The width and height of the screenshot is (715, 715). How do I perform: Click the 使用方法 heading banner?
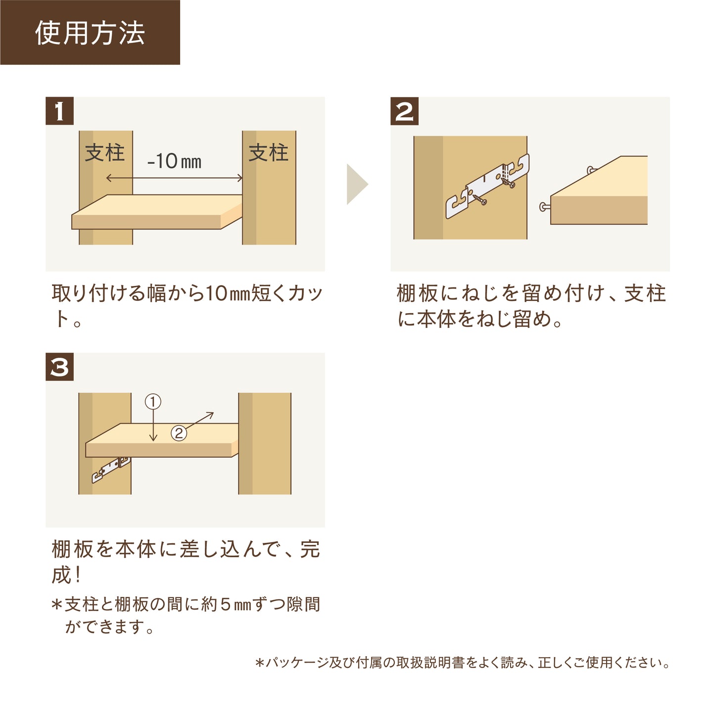point(90,32)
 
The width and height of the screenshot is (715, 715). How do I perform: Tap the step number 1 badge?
point(59,111)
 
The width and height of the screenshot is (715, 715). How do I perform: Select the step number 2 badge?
point(404,111)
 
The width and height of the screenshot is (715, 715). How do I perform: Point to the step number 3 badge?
point(59,367)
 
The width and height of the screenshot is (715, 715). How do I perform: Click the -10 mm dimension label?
point(174,161)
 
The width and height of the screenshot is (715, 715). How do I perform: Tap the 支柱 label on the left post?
point(104,153)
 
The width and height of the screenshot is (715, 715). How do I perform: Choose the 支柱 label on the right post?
point(268,153)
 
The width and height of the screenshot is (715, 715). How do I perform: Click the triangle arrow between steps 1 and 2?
point(357,184)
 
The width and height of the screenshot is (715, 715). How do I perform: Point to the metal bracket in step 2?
point(487,186)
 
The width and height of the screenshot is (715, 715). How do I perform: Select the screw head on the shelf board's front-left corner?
point(544,207)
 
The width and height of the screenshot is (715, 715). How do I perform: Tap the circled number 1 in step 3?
point(153,401)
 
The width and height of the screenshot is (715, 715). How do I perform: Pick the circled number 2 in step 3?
point(179,433)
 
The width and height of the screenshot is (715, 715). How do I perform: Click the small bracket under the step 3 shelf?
point(111,470)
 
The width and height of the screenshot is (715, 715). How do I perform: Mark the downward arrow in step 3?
point(153,425)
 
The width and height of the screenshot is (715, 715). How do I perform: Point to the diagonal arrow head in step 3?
point(210,415)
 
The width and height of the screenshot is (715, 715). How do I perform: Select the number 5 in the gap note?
point(225,604)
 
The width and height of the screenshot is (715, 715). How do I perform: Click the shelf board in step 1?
point(156,212)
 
